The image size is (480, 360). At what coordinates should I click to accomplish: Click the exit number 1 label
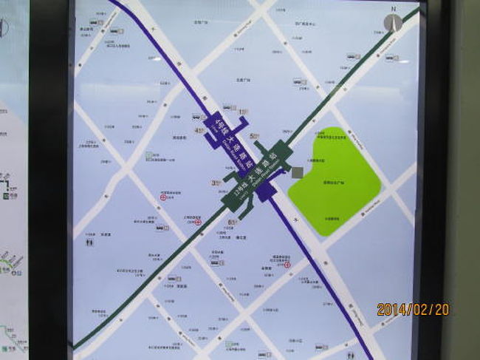[242, 112]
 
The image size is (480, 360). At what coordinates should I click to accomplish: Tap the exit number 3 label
[213, 182]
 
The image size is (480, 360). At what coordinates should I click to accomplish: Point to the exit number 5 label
[253, 136]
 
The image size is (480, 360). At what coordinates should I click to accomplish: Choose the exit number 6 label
[230, 222]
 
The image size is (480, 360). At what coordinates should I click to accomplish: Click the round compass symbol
[393, 23]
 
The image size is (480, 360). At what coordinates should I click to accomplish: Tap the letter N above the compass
[394, 10]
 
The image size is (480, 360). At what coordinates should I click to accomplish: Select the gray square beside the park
[296, 172]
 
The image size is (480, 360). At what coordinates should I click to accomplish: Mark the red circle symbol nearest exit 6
[198, 222]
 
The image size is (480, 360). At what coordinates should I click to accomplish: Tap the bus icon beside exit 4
[196, 117]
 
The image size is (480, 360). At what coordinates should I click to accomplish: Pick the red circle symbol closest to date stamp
[288, 265]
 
